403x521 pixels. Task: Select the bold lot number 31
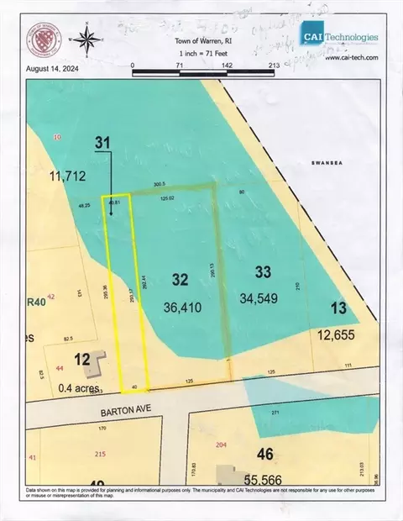click(102, 144)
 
